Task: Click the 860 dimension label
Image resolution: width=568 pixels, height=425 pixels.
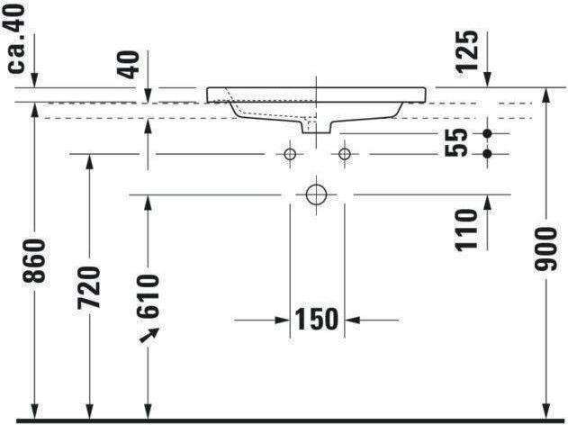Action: pos(34,261)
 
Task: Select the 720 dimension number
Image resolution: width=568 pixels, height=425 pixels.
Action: pos(89,287)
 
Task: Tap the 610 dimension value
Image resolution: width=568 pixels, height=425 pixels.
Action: pos(148,296)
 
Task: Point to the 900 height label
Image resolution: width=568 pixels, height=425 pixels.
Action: pos(545,249)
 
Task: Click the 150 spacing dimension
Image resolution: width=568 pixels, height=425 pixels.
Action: pos(317,320)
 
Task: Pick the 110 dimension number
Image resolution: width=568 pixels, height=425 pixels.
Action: pos(466,231)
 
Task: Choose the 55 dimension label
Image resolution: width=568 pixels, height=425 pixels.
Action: pos(456,143)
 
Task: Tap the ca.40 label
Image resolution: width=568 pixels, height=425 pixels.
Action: pos(17,39)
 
